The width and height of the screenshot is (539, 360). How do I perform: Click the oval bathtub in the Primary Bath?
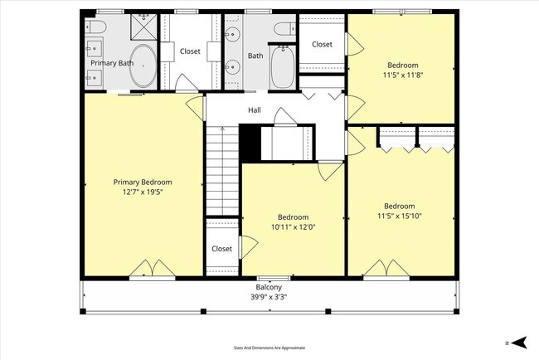tap(143, 66)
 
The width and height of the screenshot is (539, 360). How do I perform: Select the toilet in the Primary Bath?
tap(95, 27)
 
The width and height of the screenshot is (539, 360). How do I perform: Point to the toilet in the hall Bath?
tap(283, 29)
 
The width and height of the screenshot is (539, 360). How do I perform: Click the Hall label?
tap(255, 109)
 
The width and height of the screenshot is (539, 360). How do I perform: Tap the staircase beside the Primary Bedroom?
tap(221, 170)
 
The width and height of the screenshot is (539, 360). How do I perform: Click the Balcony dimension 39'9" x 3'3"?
tap(268, 296)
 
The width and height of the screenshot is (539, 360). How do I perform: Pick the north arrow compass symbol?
tap(518, 342)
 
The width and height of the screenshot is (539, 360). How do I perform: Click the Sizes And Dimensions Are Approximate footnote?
tap(269, 348)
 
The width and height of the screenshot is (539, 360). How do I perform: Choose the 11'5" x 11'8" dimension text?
tap(402, 75)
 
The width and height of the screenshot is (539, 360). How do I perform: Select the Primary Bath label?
tap(112, 63)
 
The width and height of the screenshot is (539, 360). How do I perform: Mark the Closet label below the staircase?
tap(221, 248)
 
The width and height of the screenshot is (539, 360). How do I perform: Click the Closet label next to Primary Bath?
tap(190, 51)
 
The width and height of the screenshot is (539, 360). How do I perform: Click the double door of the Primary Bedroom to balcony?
tap(152, 270)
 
